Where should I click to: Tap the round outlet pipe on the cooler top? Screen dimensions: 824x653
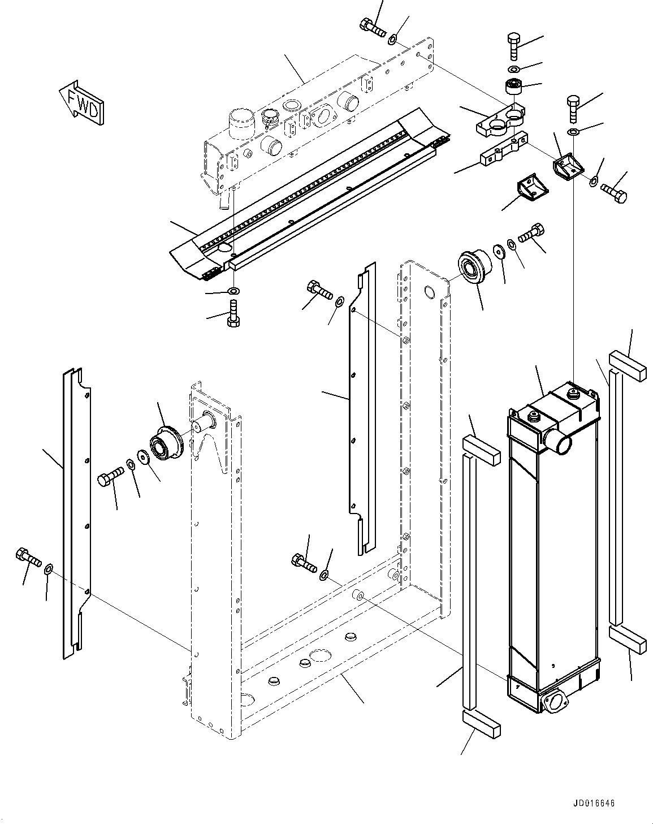558,442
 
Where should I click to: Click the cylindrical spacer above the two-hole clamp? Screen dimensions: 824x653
514,88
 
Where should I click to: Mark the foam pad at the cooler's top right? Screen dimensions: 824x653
626,366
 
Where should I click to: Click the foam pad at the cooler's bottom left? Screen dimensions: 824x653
481,724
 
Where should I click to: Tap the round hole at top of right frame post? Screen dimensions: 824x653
430,292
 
